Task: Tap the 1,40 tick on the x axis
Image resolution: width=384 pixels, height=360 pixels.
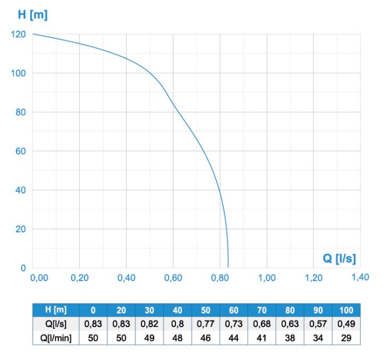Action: pyautogui.click(x=360, y=277)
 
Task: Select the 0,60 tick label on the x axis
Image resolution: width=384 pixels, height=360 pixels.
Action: pyautogui.click(x=173, y=278)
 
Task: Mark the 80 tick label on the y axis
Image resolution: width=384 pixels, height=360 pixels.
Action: pyautogui.click(x=21, y=112)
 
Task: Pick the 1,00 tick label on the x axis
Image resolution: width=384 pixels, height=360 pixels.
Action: pyautogui.click(x=266, y=278)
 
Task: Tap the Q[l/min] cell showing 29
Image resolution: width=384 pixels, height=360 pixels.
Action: pyautogui.click(x=346, y=338)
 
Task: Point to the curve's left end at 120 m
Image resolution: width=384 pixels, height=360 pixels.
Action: pyautogui.click(x=33, y=34)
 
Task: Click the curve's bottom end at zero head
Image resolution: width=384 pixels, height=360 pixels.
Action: pyautogui.click(x=228, y=267)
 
